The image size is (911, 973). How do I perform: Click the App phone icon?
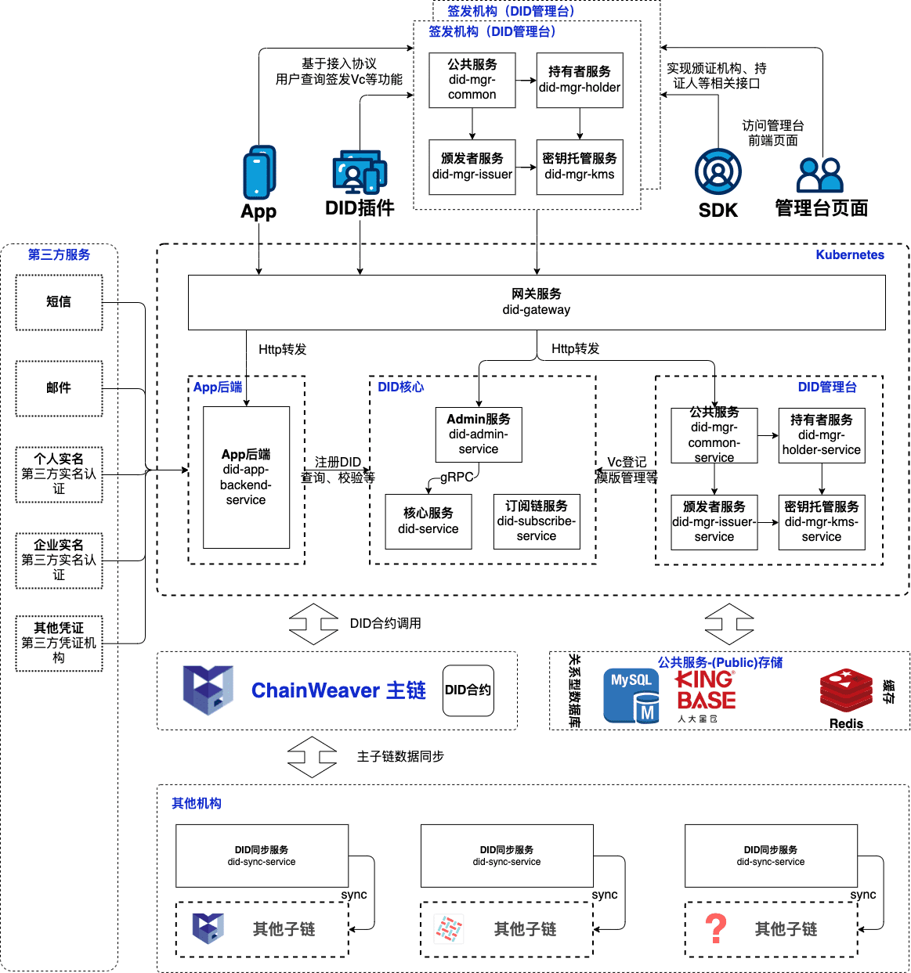click(259, 172)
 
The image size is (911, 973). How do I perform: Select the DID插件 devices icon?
click(360, 172)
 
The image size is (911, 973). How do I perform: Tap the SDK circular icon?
click(718, 171)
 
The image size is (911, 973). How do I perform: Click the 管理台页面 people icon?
click(819, 175)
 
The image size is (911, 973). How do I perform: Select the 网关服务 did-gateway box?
click(537, 301)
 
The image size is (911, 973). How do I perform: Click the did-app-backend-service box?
click(246, 477)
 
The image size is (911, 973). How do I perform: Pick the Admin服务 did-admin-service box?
click(479, 434)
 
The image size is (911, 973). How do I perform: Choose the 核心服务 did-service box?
click(428, 521)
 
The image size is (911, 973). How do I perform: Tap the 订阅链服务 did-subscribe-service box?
click(537, 521)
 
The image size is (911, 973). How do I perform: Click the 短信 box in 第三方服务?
click(59, 302)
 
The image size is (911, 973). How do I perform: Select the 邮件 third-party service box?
click(59, 388)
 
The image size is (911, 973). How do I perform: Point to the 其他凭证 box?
click(59, 643)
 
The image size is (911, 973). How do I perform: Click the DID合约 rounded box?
click(468, 690)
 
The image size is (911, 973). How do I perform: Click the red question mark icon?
click(715, 929)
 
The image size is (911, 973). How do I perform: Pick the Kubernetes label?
click(849, 255)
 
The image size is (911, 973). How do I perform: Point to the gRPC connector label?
click(456, 477)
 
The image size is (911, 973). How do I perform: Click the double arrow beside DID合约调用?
click(313, 624)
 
